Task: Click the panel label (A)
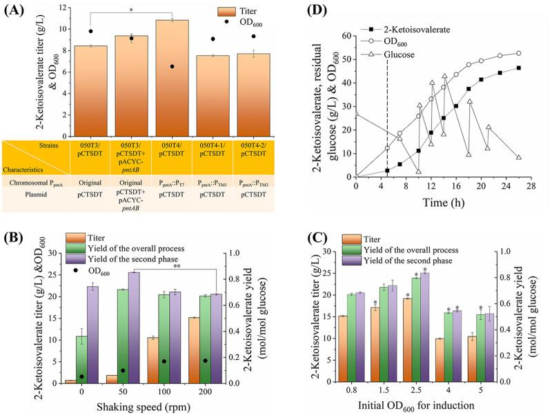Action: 16,10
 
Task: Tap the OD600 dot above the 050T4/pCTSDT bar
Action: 172,66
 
